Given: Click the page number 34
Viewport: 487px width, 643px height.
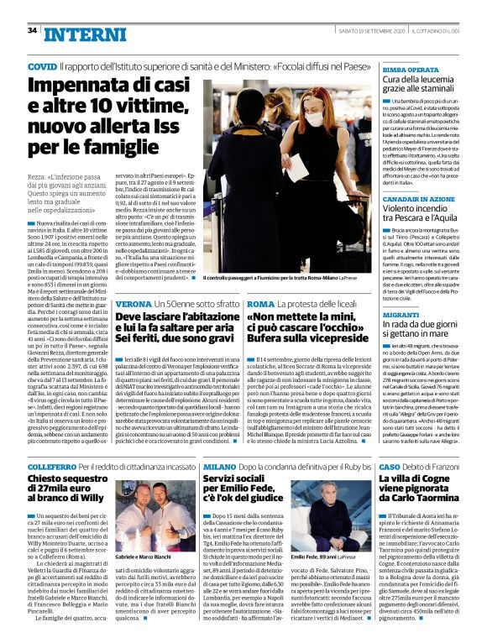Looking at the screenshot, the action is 32,30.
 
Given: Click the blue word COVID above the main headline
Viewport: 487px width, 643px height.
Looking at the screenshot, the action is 42,65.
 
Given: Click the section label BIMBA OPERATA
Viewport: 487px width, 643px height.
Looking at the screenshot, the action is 411,69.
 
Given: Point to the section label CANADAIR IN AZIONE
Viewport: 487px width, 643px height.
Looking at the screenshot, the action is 419,199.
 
